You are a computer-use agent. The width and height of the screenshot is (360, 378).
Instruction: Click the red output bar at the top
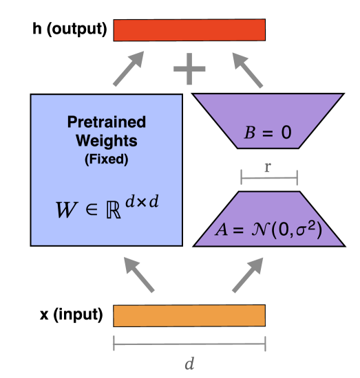point(189,30)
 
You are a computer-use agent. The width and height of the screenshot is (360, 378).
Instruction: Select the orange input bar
point(189,315)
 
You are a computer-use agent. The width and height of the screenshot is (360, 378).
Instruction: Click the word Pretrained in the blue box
point(107,122)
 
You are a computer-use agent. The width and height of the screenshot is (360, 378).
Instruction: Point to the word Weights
point(107,141)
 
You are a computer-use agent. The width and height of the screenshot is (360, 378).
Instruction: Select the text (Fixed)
point(107,159)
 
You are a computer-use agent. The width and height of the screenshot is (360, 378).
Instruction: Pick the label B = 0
point(268,133)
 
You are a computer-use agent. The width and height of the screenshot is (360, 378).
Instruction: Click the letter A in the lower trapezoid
point(221,229)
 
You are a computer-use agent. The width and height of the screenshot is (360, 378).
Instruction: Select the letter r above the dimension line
point(268,167)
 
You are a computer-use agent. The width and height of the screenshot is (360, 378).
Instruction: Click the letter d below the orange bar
point(189,364)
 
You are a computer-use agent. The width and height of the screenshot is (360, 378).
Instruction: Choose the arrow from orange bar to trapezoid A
point(246,275)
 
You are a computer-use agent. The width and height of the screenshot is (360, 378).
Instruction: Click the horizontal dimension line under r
point(268,179)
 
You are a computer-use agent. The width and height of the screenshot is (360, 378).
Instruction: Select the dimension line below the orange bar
point(189,342)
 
